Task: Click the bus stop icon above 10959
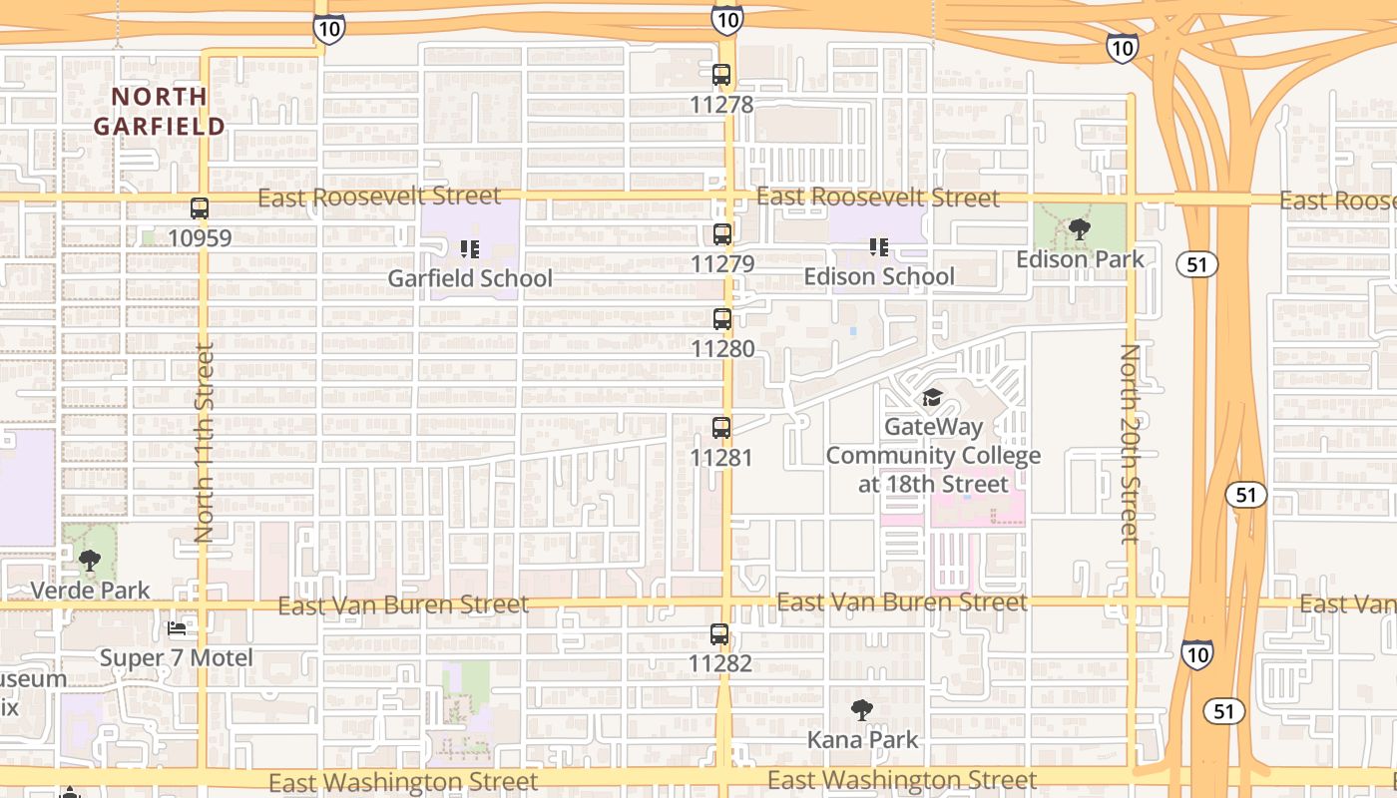(200, 208)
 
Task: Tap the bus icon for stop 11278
(721, 75)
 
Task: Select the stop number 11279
(722, 264)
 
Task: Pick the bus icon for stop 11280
(722, 320)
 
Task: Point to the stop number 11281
(721, 458)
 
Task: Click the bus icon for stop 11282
(719, 634)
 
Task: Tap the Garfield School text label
(470, 278)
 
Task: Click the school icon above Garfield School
(470, 248)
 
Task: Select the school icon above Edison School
(878, 246)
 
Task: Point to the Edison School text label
(879, 276)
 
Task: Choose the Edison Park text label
(1080, 259)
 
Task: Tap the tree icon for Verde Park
(90, 561)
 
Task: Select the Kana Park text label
(862, 740)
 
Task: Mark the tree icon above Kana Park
(862, 710)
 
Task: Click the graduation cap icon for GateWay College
(932, 398)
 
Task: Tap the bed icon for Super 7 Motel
(177, 628)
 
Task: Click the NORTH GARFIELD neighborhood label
(160, 111)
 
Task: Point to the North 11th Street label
(205, 443)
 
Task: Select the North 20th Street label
(1130, 443)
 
